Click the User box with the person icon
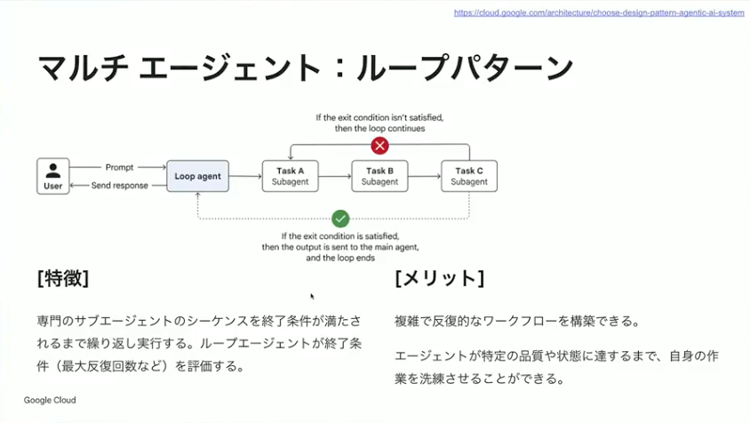click(x=53, y=176)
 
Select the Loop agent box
click(x=197, y=176)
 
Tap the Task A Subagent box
click(x=290, y=176)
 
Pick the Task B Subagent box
click(x=379, y=176)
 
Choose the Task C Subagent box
click(x=469, y=176)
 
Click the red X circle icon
click(x=379, y=146)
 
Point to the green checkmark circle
click(x=339, y=219)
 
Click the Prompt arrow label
click(x=119, y=167)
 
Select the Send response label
click(x=119, y=186)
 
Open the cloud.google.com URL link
click(x=599, y=13)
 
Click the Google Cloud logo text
click(x=50, y=401)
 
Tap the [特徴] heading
click(x=63, y=278)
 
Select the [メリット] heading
click(x=439, y=278)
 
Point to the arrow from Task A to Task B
click(x=334, y=177)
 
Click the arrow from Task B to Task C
click(x=424, y=177)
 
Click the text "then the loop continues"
click(x=379, y=128)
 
